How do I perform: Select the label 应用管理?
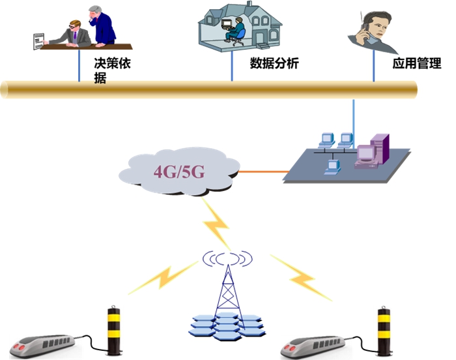416,64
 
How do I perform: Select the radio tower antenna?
226,280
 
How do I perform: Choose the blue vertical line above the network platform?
354,117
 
